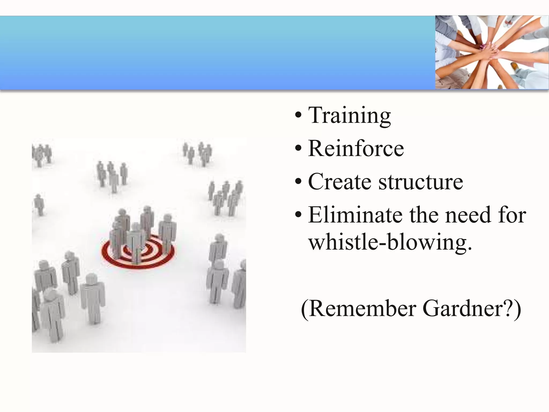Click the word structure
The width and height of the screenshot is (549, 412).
[x=421, y=182]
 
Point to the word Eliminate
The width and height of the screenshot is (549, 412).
[x=355, y=215]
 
